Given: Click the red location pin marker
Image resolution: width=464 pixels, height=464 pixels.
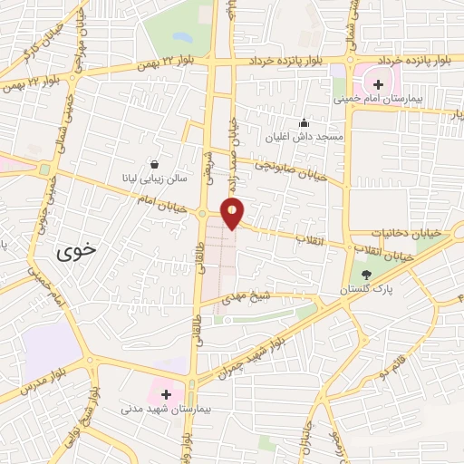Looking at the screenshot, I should tap(233, 213).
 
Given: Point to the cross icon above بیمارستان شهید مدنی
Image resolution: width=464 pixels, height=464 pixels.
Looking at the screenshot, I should tap(166, 395).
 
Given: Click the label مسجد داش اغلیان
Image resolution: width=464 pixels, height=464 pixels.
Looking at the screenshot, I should tap(302, 137).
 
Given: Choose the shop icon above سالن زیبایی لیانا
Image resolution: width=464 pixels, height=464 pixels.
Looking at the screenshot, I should tap(155, 164).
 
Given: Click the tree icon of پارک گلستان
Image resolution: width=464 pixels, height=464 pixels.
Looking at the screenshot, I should tap(366, 275).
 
